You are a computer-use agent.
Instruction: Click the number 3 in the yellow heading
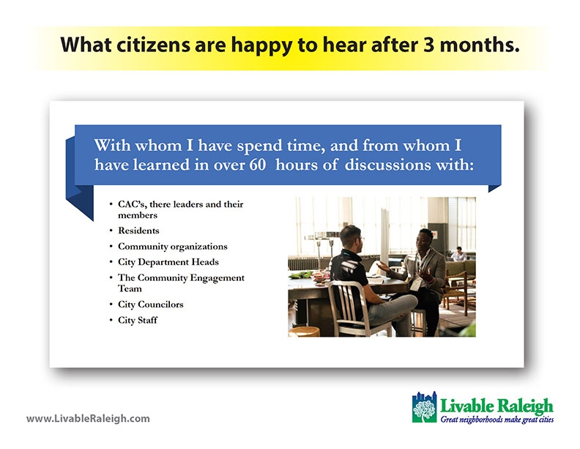(429, 45)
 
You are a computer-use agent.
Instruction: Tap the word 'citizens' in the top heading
(153, 45)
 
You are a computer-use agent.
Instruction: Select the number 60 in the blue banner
(258, 165)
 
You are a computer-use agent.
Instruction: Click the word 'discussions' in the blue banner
(387, 165)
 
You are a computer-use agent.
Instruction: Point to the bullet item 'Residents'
(138, 230)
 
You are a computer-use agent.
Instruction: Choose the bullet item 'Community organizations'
(172, 247)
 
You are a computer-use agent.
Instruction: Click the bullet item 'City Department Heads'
(168, 263)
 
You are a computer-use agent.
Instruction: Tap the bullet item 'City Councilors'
(151, 304)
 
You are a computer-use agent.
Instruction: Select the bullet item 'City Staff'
(138, 320)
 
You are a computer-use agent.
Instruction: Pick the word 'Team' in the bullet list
(130, 288)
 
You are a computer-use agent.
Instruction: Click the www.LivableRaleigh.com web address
(88, 419)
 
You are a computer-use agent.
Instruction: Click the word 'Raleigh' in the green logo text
(524, 406)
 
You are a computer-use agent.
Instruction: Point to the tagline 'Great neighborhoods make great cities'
(497, 420)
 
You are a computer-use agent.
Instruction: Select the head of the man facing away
(350, 238)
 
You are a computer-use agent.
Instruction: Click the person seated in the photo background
(458, 254)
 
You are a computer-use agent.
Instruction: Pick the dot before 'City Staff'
(111, 320)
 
